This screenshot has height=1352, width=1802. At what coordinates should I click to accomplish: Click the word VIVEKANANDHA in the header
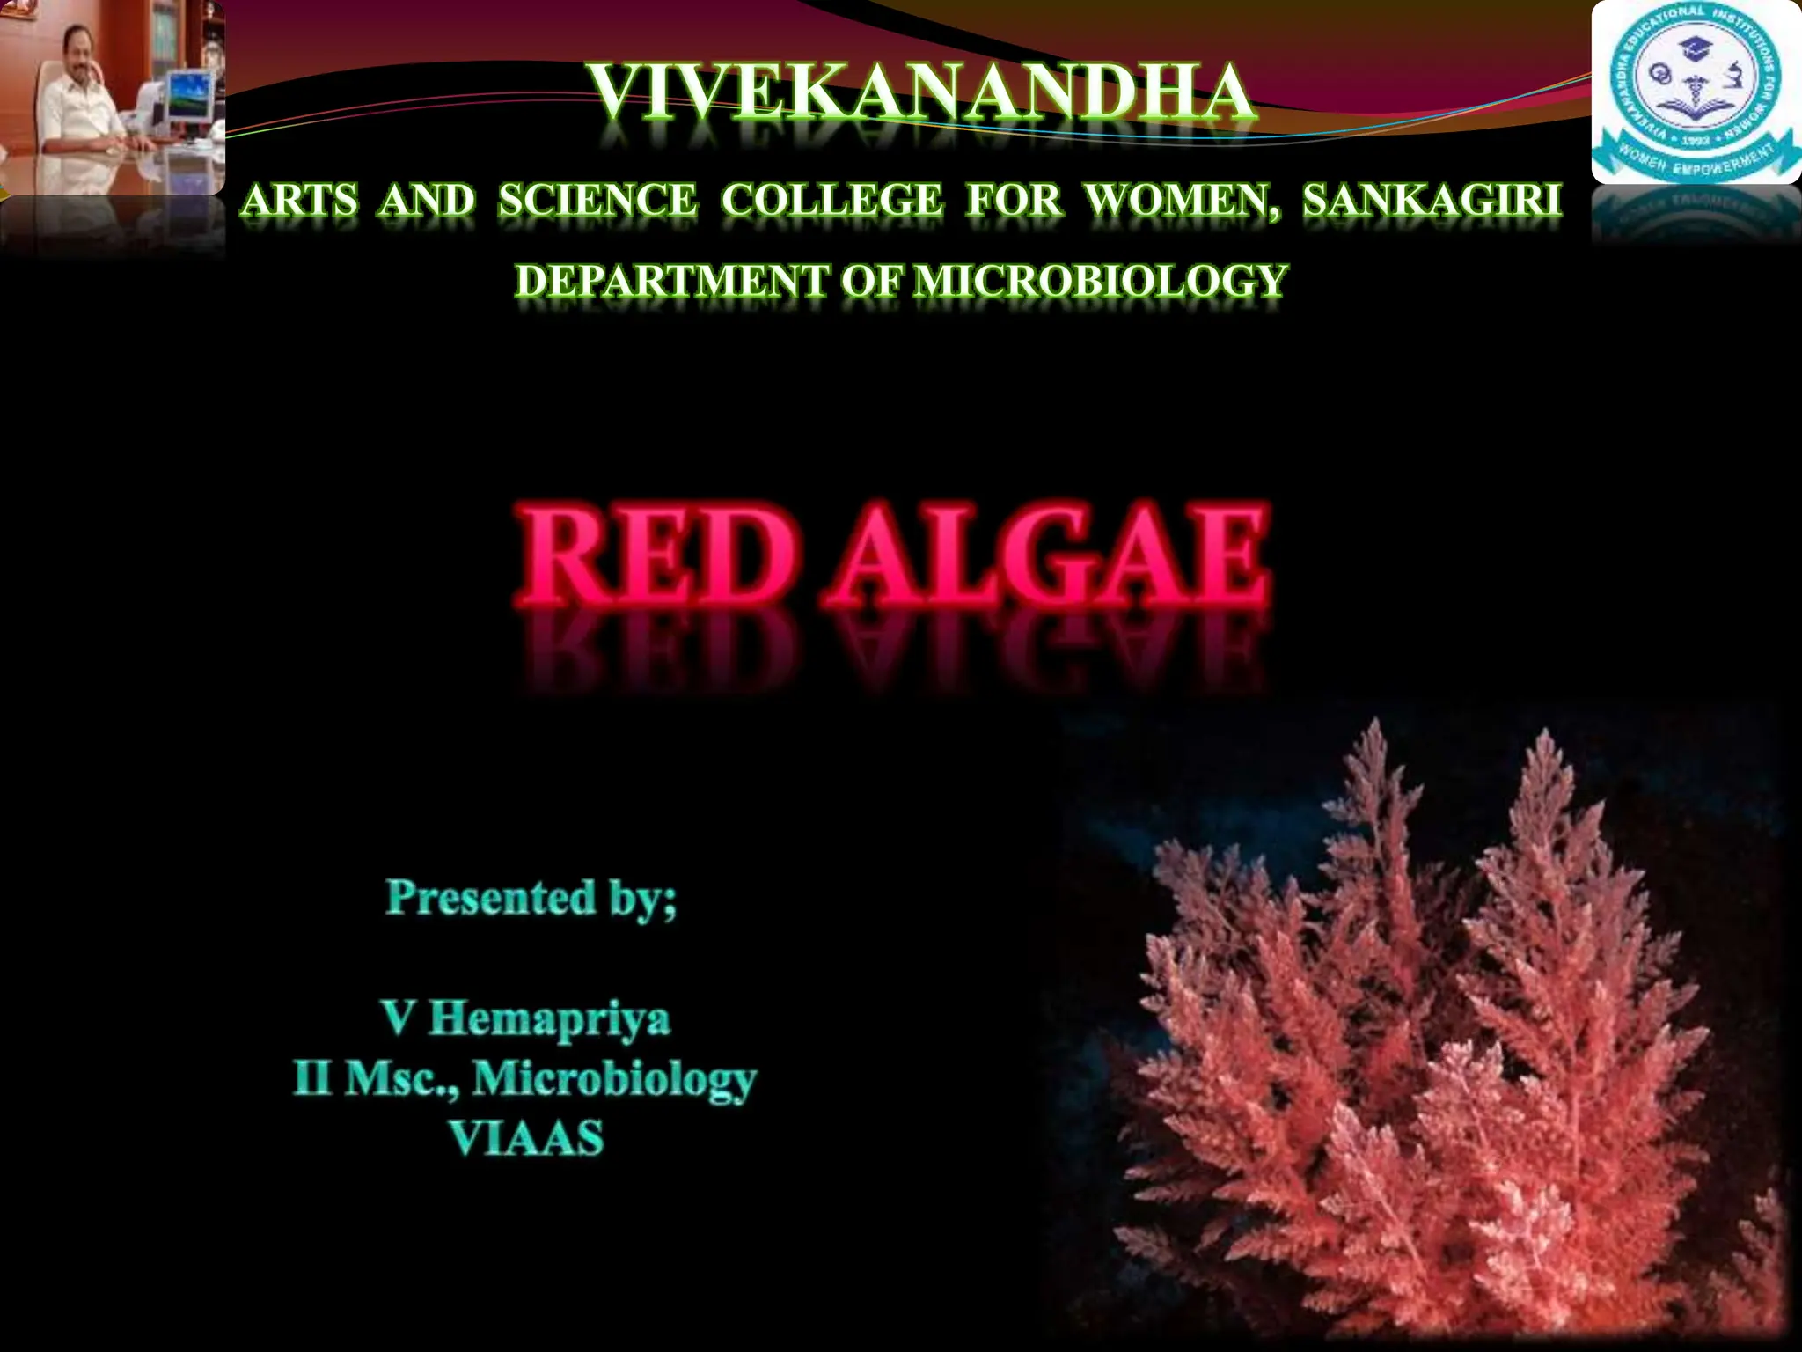pyautogui.click(x=920, y=92)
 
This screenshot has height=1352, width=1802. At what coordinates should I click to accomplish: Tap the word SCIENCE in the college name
pyautogui.click(x=597, y=201)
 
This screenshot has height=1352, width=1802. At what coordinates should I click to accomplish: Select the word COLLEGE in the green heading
pyautogui.click(x=831, y=201)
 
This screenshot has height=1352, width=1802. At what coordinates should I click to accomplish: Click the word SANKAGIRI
pyautogui.click(x=1432, y=201)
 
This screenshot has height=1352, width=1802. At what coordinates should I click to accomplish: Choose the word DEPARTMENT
pyautogui.click(x=670, y=281)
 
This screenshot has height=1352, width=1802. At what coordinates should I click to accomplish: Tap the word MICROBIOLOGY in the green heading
pyautogui.click(x=1100, y=281)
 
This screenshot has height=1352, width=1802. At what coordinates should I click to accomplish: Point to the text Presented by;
pyautogui.click(x=531, y=898)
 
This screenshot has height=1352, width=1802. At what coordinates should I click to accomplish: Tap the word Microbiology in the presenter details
pyautogui.click(x=614, y=1079)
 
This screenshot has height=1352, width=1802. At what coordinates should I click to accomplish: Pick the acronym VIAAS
pyautogui.click(x=527, y=1137)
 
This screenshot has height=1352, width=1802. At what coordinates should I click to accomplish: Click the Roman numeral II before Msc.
pyautogui.click(x=312, y=1077)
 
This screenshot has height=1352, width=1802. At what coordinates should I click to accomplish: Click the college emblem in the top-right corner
pyautogui.click(x=1696, y=92)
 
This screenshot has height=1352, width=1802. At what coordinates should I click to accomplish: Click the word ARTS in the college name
pyautogui.click(x=300, y=201)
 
